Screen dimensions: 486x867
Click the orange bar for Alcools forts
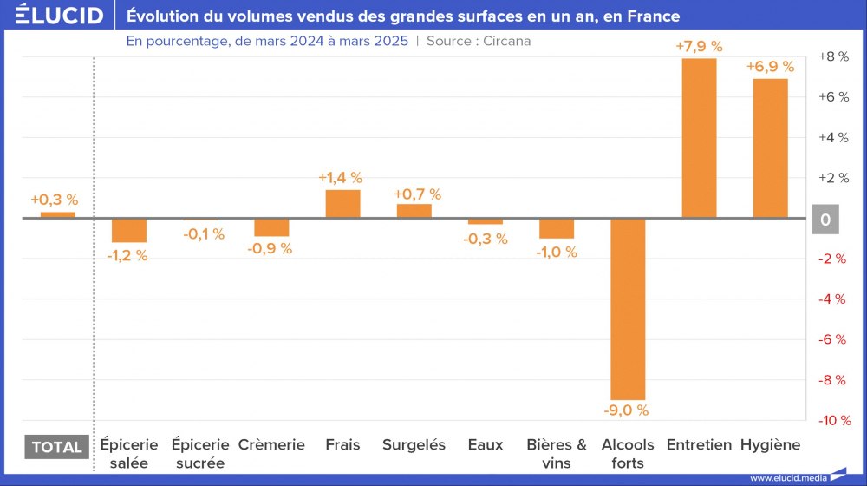628,308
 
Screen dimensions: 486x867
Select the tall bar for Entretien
700,138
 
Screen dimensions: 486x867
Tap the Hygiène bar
770,148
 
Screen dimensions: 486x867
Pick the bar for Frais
342,204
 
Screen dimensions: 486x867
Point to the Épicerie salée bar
129,230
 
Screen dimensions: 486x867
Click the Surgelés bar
414,211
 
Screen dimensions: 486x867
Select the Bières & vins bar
557,228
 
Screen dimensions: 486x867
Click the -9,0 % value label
628,410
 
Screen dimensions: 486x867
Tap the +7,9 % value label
699,47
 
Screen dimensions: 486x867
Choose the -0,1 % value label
203,234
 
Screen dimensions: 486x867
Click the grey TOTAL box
56,447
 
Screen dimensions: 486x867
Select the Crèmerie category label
271,445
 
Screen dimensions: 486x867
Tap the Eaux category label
486,445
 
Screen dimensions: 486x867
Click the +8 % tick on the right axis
832,56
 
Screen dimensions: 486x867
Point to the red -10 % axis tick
832,420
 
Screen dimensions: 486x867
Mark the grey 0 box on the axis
825,220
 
